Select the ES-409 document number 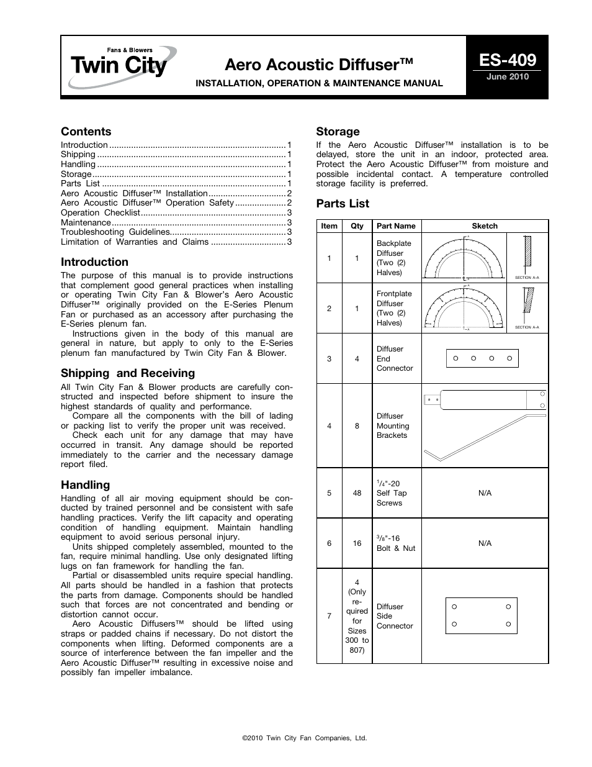click(x=507, y=60)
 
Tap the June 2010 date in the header click(x=507, y=77)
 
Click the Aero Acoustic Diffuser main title click(x=319, y=65)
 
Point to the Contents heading click(x=86, y=132)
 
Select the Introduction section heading click(x=94, y=262)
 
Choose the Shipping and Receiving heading click(x=127, y=373)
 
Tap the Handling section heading click(x=85, y=485)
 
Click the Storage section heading click(x=338, y=132)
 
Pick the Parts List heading click(x=343, y=204)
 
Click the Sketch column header click(x=485, y=226)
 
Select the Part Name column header click(x=396, y=226)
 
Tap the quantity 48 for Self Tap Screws click(x=357, y=493)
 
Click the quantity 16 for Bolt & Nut click(x=357, y=543)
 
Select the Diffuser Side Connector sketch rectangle click(x=481, y=615)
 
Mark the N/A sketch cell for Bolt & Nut click(x=485, y=543)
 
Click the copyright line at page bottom click(x=305, y=738)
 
